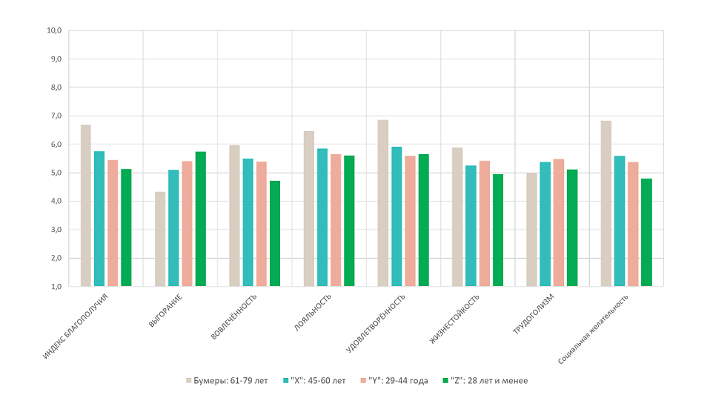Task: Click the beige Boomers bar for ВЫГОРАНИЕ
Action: pos(160,239)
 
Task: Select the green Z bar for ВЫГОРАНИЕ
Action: pos(200,219)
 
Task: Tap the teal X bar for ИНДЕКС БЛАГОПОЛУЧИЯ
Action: pos(99,219)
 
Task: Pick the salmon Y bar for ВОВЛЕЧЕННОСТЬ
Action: pos(261,224)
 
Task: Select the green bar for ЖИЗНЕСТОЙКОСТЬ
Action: pos(497,230)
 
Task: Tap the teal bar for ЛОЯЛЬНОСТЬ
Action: pos(322,217)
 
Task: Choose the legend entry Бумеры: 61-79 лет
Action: pos(227,380)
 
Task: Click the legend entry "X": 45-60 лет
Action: pos(314,380)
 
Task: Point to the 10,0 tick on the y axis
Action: pos(53,31)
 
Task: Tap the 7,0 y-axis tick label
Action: pos(54,116)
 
